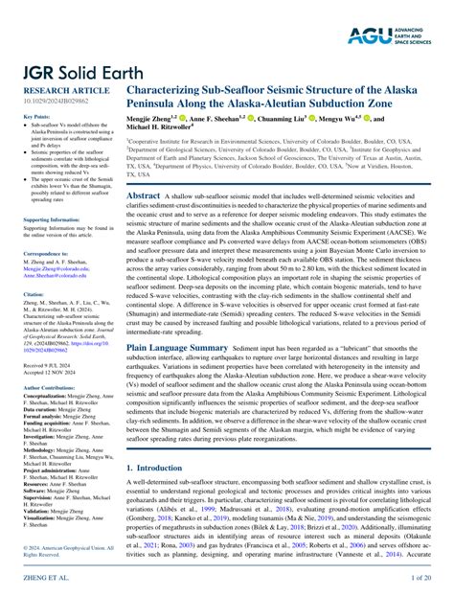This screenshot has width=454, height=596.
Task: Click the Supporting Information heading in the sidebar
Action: tap(48, 219)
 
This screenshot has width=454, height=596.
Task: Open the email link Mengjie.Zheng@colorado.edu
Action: tap(54, 270)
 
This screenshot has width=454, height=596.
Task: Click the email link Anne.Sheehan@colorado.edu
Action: tap(53, 277)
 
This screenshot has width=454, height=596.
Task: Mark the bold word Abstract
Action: tap(144, 194)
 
